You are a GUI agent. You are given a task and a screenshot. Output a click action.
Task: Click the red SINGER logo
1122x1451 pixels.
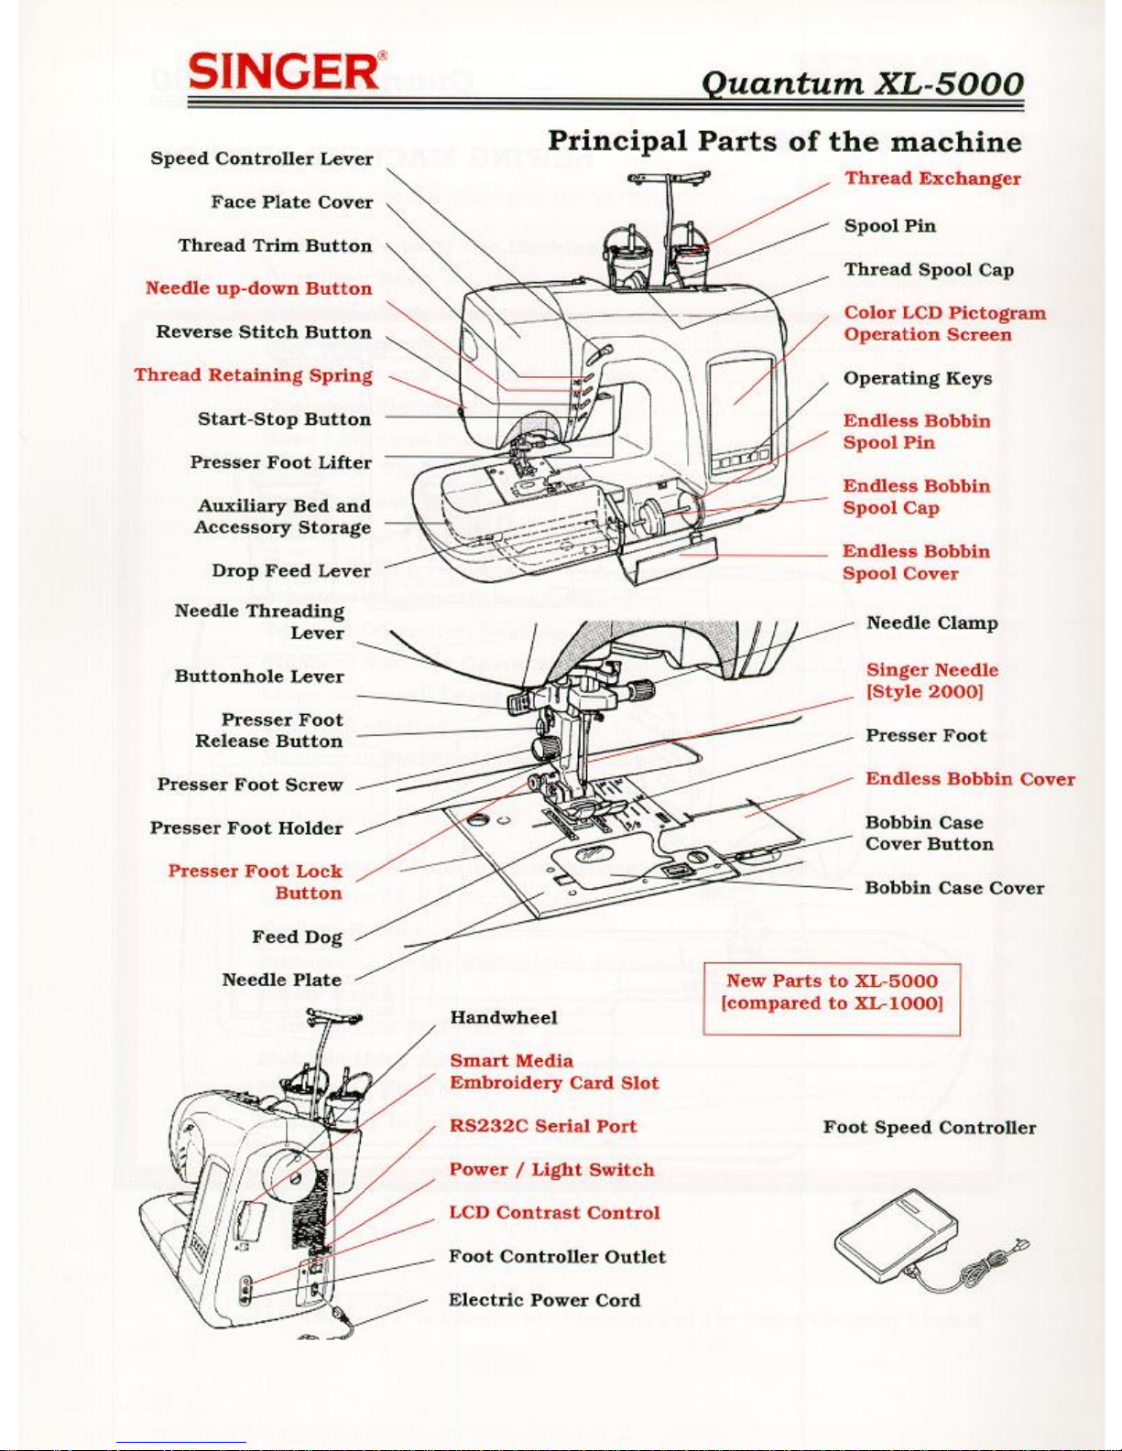tap(284, 70)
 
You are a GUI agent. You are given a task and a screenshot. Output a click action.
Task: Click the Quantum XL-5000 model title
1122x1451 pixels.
tap(862, 84)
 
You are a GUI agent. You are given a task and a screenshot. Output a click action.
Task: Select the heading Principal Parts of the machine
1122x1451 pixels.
tap(784, 142)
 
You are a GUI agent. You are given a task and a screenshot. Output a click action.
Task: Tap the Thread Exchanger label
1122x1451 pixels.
tap(932, 179)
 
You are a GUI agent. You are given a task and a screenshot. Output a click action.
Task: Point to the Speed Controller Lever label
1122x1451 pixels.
tap(262, 158)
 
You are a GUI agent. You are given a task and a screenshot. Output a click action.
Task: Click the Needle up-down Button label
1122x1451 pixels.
tap(258, 288)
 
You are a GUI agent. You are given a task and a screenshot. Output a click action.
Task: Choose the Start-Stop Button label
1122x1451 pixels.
tap(284, 419)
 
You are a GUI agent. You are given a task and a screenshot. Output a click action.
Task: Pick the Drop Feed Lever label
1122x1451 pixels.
tap(290, 570)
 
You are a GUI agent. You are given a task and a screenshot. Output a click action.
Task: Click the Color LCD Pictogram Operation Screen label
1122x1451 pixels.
tap(944, 324)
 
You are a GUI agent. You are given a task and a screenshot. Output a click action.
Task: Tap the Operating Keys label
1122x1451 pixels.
tap(917, 378)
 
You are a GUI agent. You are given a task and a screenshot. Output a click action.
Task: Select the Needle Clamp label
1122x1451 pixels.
tap(931, 623)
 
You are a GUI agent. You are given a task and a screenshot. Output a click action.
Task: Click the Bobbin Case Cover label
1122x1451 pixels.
tap(953, 888)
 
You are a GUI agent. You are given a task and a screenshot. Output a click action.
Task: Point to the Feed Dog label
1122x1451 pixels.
tap(297, 937)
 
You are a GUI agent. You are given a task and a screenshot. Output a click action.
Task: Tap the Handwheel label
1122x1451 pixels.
tap(503, 1017)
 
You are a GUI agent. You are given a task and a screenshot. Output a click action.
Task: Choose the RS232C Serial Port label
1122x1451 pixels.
tap(542, 1126)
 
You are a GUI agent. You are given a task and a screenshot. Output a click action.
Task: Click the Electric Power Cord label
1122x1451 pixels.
tap(544, 1300)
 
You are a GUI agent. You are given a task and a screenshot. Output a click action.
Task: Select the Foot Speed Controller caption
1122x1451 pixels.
tap(929, 1128)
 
